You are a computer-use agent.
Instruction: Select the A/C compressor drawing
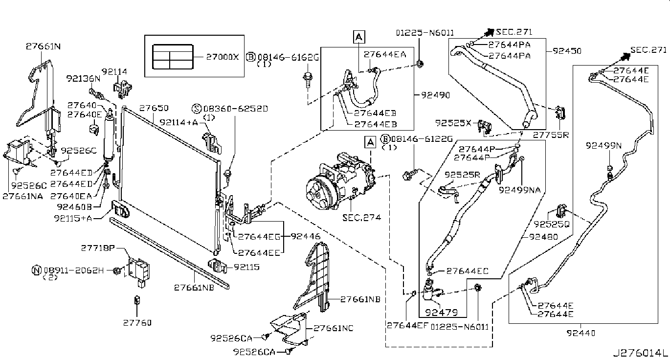point(337,180)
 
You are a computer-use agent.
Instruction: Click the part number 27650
point(154,108)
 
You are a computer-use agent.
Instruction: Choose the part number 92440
point(581,334)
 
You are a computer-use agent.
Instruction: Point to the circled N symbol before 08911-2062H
point(35,270)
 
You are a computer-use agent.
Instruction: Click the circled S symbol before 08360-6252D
point(197,109)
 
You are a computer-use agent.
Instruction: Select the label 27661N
point(44,46)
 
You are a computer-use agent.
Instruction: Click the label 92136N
point(83,78)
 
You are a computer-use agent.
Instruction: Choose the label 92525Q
point(552,225)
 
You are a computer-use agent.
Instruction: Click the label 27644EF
point(407,325)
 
